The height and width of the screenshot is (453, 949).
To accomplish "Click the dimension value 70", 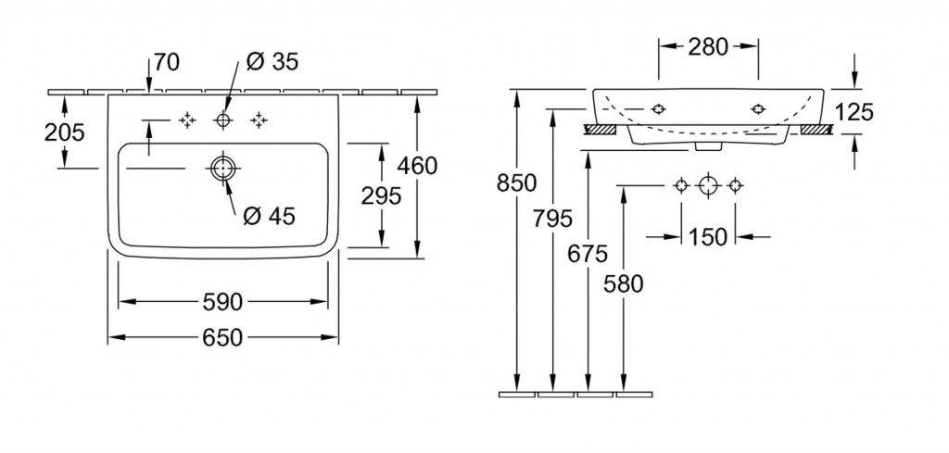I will point(166,62).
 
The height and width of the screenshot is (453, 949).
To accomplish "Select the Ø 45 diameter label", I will point(268,216).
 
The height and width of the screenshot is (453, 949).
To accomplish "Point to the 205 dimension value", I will point(65,132).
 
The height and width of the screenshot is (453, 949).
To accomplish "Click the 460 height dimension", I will point(417,166).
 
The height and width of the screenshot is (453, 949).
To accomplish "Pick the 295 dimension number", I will point(382,195).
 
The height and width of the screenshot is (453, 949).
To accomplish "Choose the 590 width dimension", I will point(222,302).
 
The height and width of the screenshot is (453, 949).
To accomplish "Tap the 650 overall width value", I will point(222,338).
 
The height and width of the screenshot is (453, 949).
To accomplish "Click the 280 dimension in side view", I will point(708,47).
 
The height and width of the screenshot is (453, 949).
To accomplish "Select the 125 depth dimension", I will point(854,112).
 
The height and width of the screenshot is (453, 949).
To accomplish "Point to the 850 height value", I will point(516,183).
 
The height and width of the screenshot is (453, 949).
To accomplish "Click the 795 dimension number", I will point(553,220).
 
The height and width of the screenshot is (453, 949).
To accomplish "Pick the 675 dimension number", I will point(588,251).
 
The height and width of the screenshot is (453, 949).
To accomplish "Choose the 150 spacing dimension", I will point(708,237).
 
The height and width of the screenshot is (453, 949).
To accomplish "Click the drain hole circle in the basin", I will point(222,169).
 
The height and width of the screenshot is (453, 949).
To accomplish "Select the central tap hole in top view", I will point(222,120).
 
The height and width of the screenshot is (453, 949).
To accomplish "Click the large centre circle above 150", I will point(708,186).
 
